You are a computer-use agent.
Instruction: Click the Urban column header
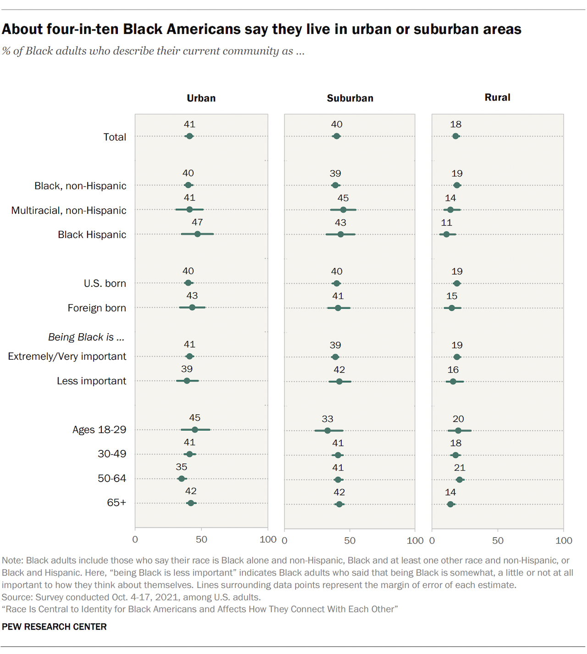[201, 98]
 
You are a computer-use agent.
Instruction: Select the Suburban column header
[350, 98]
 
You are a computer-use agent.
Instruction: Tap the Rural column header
[497, 97]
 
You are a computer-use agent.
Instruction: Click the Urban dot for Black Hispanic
[197, 234]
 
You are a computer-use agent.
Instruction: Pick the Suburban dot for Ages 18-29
[327, 430]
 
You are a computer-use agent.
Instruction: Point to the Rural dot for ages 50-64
[460, 480]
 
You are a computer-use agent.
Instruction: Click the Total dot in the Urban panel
[189, 136]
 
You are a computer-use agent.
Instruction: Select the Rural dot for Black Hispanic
[447, 235]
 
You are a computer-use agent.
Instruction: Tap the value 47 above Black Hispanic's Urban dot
[197, 222]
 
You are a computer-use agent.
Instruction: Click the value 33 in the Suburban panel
[327, 419]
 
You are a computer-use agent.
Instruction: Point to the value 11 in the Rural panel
[447, 223]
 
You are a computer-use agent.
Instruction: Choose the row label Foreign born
[97, 308]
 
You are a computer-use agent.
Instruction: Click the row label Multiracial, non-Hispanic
[69, 210]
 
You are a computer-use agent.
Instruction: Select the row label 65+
[116, 503]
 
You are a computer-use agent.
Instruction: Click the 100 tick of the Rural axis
[564, 541]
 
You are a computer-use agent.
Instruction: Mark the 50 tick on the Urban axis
[201, 539]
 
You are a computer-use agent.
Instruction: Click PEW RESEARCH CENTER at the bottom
[54, 627]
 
